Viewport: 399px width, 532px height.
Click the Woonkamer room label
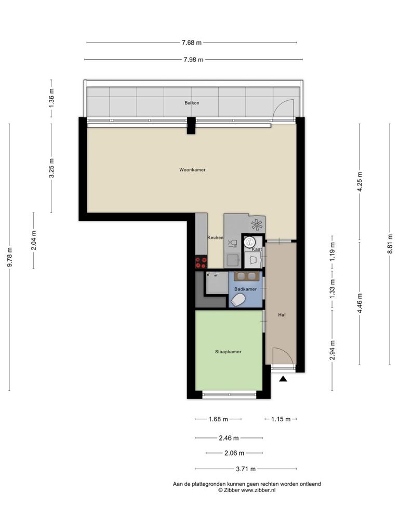coord(192,170)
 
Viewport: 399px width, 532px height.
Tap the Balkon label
coord(192,102)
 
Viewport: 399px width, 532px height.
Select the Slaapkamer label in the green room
coord(228,352)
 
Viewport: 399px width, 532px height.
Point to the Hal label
coord(282,315)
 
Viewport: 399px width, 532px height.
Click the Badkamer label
coord(245,289)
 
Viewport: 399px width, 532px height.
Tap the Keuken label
coord(215,237)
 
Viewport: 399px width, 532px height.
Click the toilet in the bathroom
coord(238,300)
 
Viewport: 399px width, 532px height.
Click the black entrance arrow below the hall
coord(283,379)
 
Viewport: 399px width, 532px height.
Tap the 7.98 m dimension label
coord(193,60)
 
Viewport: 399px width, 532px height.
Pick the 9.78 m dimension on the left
coord(9,257)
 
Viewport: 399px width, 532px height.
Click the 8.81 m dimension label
coord(390,244)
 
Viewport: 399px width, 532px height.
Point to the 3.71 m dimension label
coord(246,469)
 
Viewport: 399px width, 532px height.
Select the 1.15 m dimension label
coord(281,419)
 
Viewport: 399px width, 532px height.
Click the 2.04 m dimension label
coord(34,240)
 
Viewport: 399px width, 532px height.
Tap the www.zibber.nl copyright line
coord(247,490)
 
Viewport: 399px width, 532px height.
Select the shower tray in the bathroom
coord(217,283)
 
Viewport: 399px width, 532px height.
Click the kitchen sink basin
coord(233,260)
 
